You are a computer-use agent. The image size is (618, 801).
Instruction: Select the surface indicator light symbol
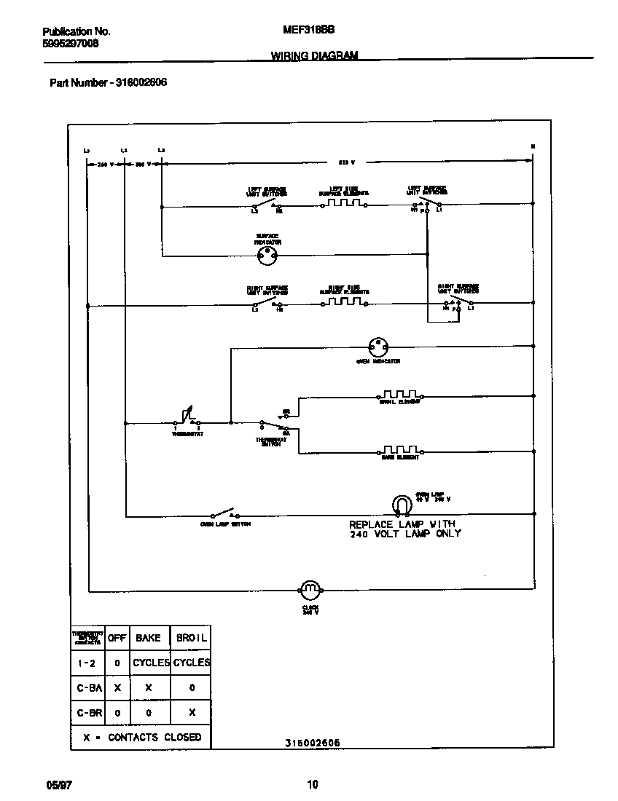click(267, 255)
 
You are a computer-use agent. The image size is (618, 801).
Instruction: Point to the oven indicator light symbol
click(377, 345)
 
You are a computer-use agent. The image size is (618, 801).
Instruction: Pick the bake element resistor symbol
click(400, 450)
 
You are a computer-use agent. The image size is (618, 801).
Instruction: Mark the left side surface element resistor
click(343, 204)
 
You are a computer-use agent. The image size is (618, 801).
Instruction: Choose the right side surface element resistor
click(343, 301)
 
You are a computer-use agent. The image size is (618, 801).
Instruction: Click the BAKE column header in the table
click(148, 638)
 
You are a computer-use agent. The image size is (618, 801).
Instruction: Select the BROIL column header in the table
click(192, 638)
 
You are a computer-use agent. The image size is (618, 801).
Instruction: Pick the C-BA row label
click(89, 687)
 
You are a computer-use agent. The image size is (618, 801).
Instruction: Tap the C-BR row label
click(89, 713)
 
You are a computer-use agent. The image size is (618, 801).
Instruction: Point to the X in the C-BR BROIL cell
click(192, 713)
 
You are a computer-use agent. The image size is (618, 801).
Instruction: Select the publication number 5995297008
click(71, 44)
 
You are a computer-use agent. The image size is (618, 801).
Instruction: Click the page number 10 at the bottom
click(312, 785)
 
